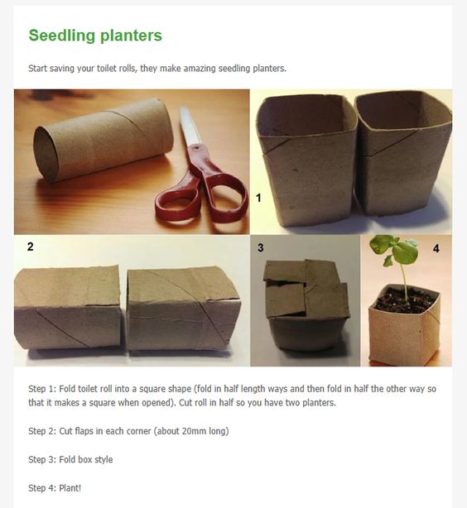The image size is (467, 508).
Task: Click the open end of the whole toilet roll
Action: tap(46, 154)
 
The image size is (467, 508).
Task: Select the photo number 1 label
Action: tap(258, 198)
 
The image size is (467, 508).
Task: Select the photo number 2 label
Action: tap(30, 247)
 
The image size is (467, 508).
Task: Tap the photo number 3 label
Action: tap(261, 248)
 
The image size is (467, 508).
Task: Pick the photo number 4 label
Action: tap(436, 248)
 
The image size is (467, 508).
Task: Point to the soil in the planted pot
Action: tap(406, 302)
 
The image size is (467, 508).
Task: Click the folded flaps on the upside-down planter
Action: tap(305, 289)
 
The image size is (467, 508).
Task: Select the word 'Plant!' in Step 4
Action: tap(70, 488)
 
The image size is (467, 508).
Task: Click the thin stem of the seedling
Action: tap(403, 279)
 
